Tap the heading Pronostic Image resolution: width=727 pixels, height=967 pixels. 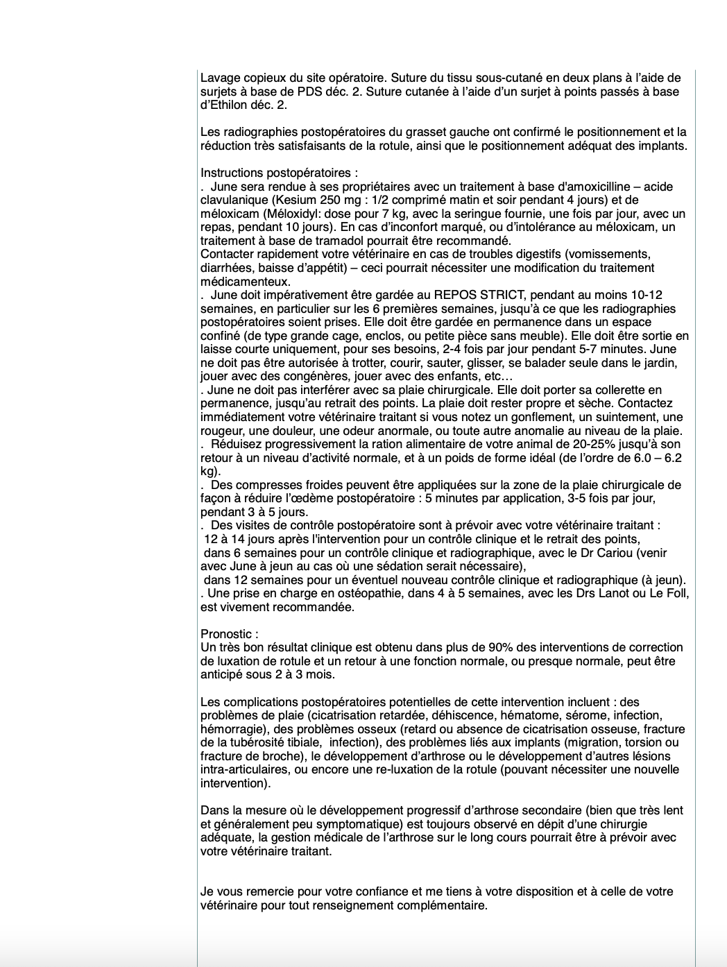[x=228, y=634]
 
